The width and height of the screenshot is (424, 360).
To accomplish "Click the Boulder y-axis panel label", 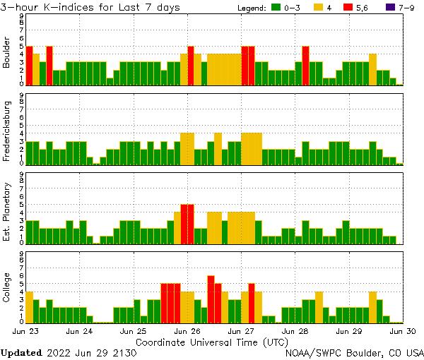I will [x=6, y=53].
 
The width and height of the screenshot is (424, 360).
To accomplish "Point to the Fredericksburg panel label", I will [x=6, y=132].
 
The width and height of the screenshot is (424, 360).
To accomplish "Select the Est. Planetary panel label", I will [x=6, y=212].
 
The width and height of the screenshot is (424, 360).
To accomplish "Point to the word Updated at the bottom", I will [x=21, y=352].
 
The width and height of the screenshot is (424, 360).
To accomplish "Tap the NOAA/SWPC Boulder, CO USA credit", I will [x=354, y=352].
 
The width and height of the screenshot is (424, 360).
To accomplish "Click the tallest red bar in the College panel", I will [x=211, y=298].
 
